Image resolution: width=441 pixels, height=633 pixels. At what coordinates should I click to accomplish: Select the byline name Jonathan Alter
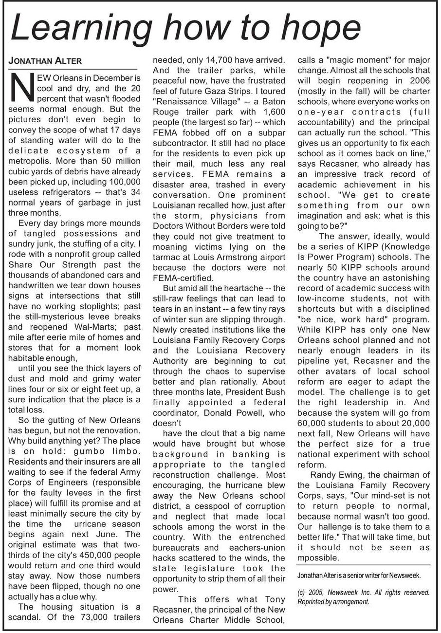[45, 61]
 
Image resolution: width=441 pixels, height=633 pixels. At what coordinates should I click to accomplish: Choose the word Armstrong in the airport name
[238, 257]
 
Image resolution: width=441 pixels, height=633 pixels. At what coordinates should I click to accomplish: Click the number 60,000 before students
[314, 423]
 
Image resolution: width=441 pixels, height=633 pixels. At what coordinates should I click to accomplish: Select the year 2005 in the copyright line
[316, 593]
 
